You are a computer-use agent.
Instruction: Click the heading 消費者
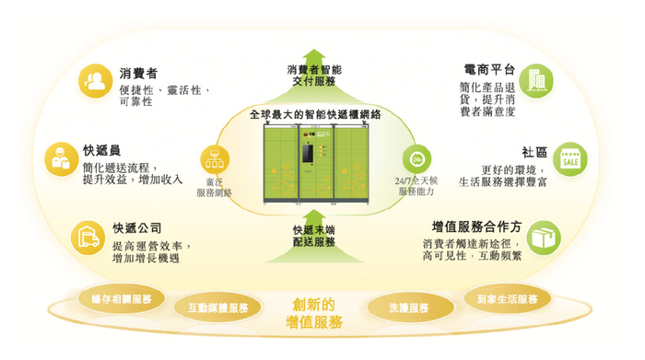[138, 73]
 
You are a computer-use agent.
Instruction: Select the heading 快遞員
[101, 149]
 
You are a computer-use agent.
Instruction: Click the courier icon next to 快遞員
[61, 159]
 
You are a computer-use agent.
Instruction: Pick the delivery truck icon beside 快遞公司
[88, 238]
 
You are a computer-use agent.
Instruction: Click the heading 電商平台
[487, 70]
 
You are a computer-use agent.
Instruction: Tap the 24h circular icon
[417, 157]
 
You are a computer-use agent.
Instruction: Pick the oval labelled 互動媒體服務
[217, 308]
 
